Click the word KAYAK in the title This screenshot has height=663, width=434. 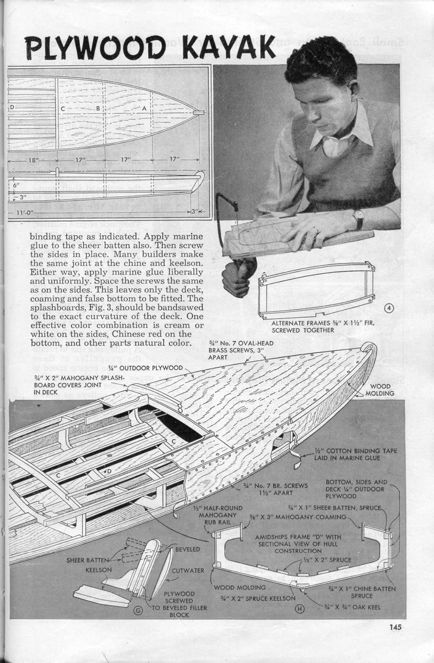230,46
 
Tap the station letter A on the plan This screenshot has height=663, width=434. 144,108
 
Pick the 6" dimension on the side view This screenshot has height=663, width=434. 16,185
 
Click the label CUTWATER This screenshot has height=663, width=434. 188,571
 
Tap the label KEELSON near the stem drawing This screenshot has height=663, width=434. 99,570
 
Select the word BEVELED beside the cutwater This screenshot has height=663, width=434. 188,549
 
